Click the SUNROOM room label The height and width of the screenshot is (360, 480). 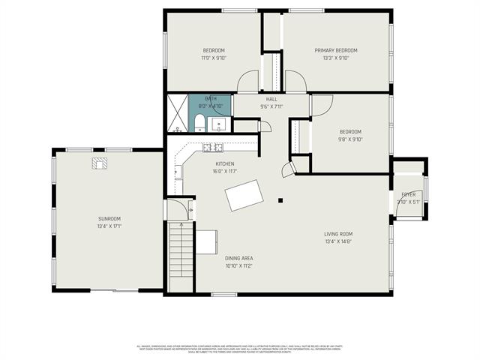(109, 218)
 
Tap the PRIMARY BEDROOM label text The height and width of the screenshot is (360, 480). (340, 50)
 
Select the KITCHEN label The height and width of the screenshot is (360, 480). (225, 163)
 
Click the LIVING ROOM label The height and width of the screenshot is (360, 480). (339, 234)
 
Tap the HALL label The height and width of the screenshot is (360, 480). (271, 99)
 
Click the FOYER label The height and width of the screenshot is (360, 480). (408, 193)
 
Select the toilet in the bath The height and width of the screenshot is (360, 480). (197, 123)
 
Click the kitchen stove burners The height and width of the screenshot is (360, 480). (211, 147)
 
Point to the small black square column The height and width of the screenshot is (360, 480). (280, 200)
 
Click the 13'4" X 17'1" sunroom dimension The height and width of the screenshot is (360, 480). (109, 226)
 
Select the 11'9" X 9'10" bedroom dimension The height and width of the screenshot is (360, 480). (213, 58)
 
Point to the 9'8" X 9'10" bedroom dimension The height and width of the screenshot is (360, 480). (349, 139)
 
